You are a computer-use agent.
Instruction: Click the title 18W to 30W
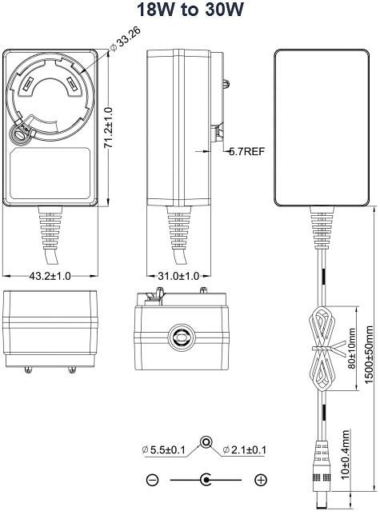pyautogui.click(x=190, y=10)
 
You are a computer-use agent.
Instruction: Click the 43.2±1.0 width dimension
pyautogui.click(x=50, y=276)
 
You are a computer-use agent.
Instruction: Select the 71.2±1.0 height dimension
pyautogui.click(x=108, y=128)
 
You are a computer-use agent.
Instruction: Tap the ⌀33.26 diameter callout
pyautogui.click(x=126, y=38)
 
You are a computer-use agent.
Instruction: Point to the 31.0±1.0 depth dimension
pyautogui.click(x=178, y=276)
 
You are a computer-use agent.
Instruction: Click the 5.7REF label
pyautogui.click(x=246, y=151)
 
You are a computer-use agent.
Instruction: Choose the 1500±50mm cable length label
pyautogui.click(x=369, y=354)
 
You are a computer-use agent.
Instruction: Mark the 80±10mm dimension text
pyautogui.click(x=352, y=348)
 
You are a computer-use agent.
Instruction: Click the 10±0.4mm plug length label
pyautogui.click(x=345, y=454)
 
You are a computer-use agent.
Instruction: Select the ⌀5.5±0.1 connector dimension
pyautogui.click(x=163, y=449)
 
